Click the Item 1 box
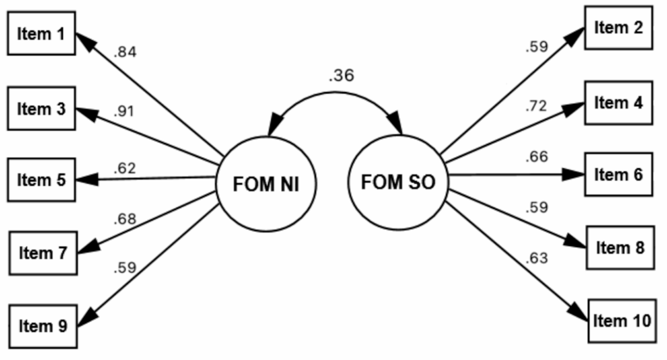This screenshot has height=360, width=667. [x=41, y=34]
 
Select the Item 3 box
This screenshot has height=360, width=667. [x=41, y=108]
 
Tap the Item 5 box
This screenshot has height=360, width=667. [x=41, y=179]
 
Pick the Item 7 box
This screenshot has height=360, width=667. [x=42, y=253]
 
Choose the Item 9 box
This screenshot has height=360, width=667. [x=42, y=325]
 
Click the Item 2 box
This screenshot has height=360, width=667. [x=618, y=28]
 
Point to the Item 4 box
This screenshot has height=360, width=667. [x=618, y=103]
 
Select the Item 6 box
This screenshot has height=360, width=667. [x=618, y=174]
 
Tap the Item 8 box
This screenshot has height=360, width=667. [x=619, y=247]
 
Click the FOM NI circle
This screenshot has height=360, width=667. [x=266, y=184]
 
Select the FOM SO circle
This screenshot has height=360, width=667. [x=398, y=182]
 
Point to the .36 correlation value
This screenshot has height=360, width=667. [x=341, y=76]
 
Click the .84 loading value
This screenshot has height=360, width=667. [x=125, y=53]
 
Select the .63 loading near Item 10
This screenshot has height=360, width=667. [x=536, y=258]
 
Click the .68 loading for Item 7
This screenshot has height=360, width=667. [x=125, y=219]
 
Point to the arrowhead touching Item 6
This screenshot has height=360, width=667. [x=577, y=174]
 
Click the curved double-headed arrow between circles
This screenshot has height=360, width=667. [x=335, y=93]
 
